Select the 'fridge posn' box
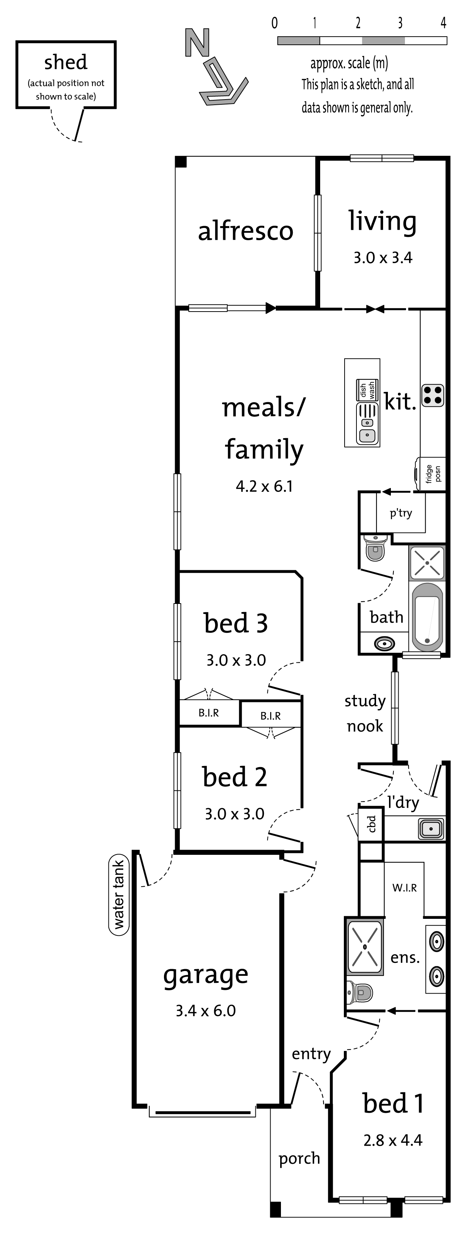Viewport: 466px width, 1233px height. click(432, 474)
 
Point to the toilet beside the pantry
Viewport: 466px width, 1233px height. click(375, 548)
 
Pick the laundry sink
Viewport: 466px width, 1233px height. click(431, 829)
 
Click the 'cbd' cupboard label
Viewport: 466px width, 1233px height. click(372, 824)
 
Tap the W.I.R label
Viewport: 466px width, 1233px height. click(404, 888)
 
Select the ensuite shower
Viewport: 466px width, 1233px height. click(365, 946)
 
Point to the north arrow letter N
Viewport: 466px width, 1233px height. click(197, 43)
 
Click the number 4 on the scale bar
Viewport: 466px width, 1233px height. click(443, 23)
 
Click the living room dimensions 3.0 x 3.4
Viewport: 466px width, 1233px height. click(383, 258)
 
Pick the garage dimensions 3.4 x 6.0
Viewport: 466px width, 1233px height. click(205, 1011)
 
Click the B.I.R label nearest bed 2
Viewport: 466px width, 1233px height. click(271, 716)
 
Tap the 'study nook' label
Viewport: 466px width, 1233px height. click(365, 713)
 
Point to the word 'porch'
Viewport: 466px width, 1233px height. click(299, 1158)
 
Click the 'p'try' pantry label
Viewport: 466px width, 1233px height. click(400, 513)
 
